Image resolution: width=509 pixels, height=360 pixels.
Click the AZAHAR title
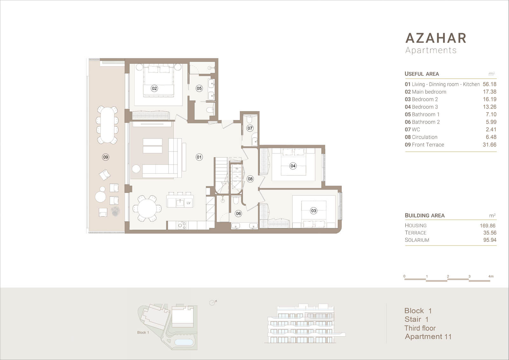tap(436, 38)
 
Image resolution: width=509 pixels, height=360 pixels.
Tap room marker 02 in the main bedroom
tap(154, 88)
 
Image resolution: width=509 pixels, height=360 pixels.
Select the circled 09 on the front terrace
tap(105, 157)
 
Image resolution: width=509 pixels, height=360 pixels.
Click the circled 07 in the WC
tap(250, 128)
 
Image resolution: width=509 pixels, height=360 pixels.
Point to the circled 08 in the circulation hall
tap(250, 179)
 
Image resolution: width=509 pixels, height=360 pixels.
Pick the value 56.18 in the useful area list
tap(490, 84)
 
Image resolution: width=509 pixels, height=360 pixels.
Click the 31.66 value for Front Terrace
tap(490, 145)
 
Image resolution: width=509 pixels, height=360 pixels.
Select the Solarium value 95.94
tap(490, 240)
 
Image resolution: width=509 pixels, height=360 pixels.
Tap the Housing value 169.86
tap(487, 226)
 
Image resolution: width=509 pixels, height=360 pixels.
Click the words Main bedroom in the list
tap(429, 92)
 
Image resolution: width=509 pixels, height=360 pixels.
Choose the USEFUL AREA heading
tap(422, 74)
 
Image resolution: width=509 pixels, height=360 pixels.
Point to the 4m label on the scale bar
tap(491, 276)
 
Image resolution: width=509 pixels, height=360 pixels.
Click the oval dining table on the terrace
tap(107, 125)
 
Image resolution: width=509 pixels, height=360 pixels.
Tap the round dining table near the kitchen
tap(147, 208)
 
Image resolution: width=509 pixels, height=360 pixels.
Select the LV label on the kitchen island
tap(188, 203)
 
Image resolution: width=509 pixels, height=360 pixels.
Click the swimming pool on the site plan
tap(184, 342)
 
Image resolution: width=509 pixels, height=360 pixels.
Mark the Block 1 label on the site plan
tap(143, 333)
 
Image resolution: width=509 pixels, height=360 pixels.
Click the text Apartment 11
tap(428, 336)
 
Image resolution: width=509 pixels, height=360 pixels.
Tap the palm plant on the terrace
tap(115, 211)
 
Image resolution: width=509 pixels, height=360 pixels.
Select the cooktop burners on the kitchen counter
tap(182, 225)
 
